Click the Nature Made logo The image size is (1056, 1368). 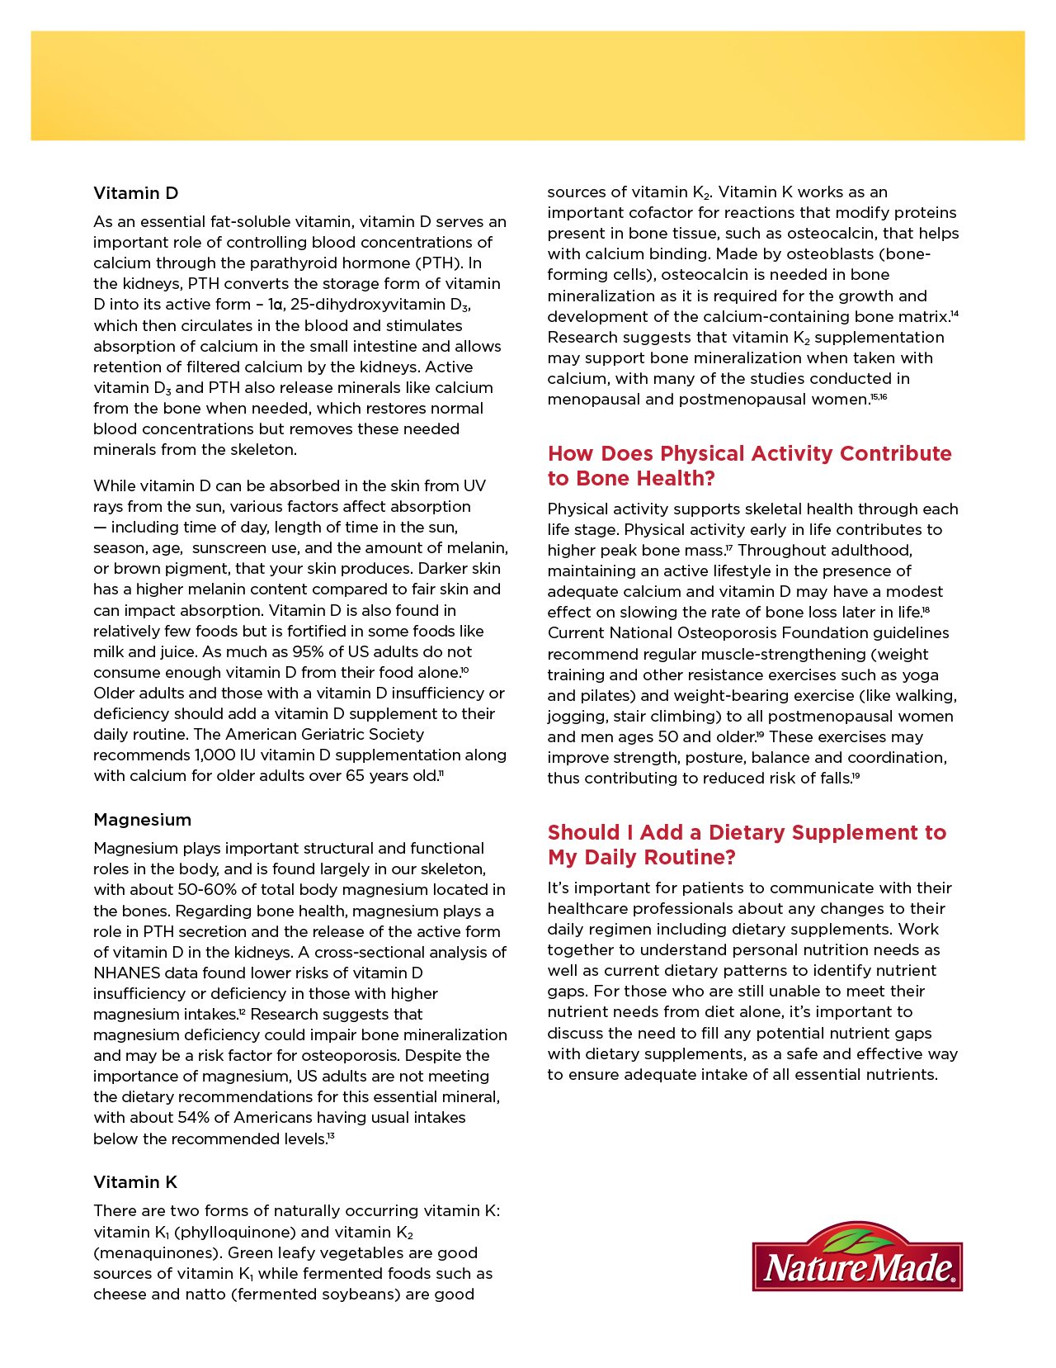click(857, 1258)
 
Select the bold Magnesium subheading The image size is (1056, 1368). click(142, 820)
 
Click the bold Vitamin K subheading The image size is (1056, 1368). click(135, 1182)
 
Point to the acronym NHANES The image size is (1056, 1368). click(127, 973)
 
